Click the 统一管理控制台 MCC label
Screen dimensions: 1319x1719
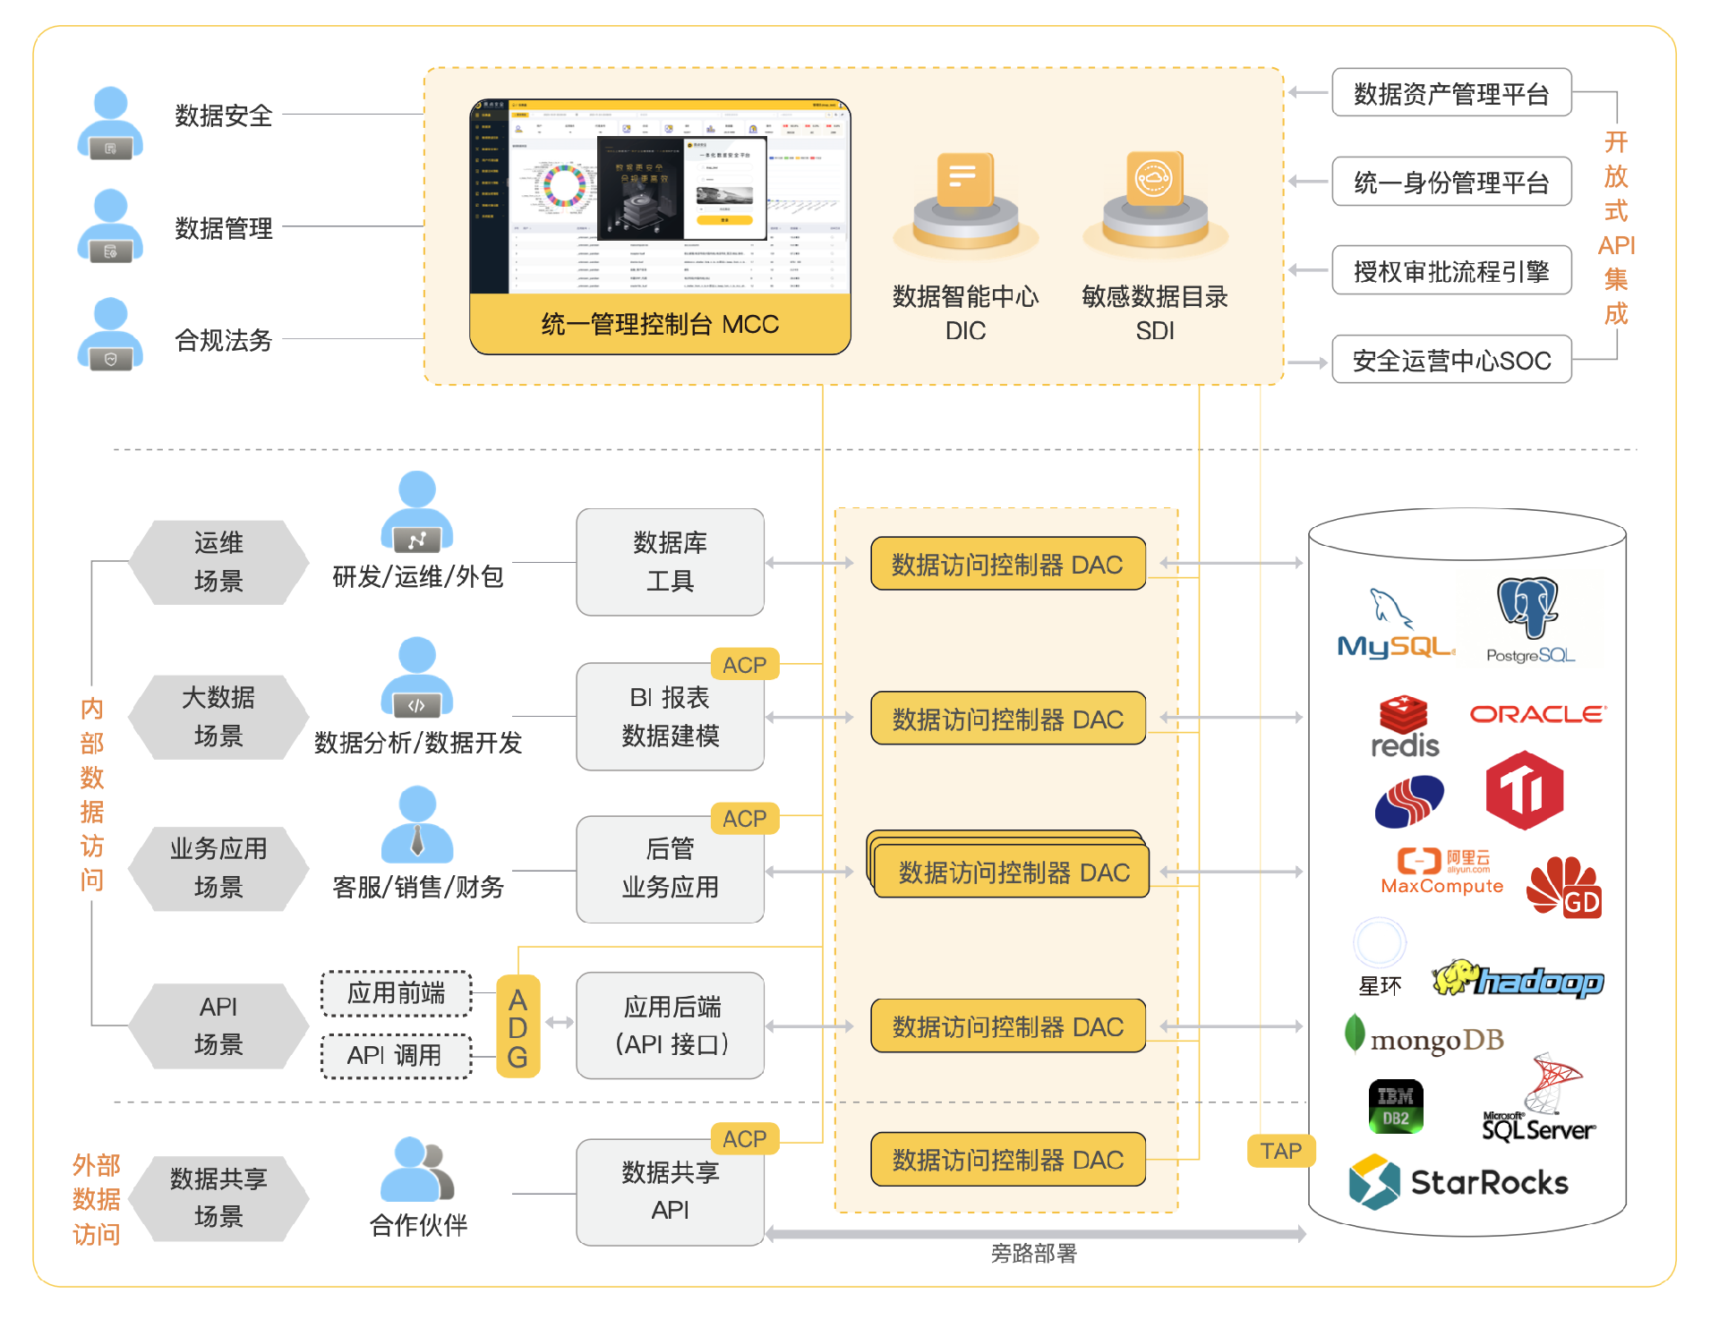[660, 324]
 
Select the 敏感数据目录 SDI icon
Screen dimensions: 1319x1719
[1155, 199]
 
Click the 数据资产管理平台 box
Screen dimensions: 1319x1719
[1451, 93]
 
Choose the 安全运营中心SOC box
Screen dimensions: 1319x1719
[1451, 360]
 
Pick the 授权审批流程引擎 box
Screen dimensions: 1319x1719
[1451, 270]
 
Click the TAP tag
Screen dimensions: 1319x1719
[1280, 1151]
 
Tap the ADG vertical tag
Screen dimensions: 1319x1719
[517, 1027]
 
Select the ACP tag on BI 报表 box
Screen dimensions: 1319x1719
[744, 665]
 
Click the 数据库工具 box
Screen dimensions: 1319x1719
[670, 562]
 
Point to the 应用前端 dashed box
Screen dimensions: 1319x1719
[396, 993]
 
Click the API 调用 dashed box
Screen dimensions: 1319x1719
[396, 1056]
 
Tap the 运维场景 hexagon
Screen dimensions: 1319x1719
[218, 562]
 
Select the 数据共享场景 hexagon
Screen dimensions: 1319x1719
[218, 1197]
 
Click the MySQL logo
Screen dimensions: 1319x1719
[1394, 627]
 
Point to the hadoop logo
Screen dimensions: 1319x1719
[1518, 980]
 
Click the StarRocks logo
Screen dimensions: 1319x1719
[1458, 1181]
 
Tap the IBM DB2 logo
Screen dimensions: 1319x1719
[1396, 1106]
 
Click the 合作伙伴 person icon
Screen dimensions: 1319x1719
[417, 1170]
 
